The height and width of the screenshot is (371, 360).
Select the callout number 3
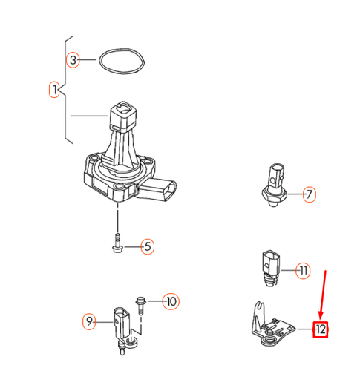73,59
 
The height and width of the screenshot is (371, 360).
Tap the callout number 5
147,246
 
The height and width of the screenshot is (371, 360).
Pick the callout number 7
310,195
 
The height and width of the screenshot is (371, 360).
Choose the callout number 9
89,321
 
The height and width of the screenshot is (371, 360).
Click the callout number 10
171,301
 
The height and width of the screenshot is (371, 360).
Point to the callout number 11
303,271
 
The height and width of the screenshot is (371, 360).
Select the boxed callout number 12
320,328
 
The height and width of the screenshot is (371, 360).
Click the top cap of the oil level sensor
122,115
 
